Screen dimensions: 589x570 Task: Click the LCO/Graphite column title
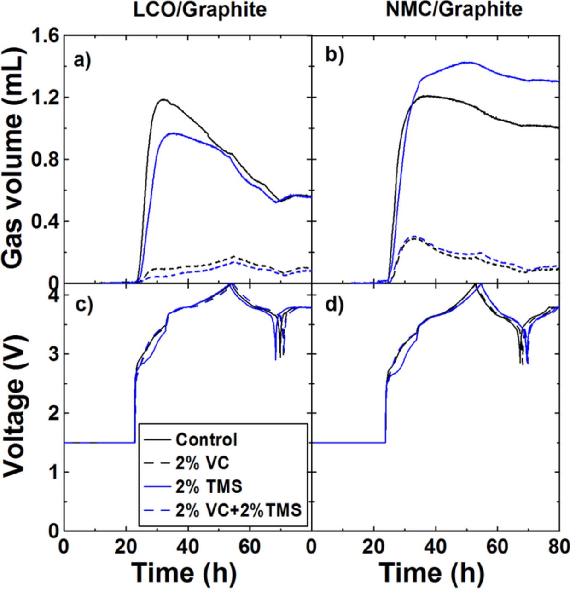point(200,10)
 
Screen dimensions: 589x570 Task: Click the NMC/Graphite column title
point(454,10)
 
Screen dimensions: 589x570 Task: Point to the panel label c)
point(83,306)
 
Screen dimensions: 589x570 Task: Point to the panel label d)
point(335,306)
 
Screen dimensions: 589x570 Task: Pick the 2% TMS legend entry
point(208,486)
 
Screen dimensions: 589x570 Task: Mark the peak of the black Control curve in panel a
point(163,99)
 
